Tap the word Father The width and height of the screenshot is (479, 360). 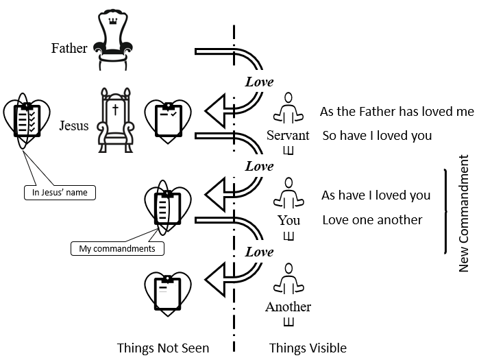[x=69, y=49]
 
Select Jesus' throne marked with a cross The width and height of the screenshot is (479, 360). [x=114, y=119]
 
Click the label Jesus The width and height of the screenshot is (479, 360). [x=74, y=126]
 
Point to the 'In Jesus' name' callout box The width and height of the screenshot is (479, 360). [x=60, y=193]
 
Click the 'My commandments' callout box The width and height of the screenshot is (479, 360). [x=117, y=248]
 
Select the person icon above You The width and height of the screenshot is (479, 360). [x=288, y=194]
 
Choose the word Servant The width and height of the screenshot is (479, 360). [x=288, y=135]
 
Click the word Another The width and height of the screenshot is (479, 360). [x=288, y=307]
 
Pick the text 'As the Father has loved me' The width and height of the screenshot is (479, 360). [x=397, y=112]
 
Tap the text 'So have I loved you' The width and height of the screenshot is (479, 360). [x=377, y=136]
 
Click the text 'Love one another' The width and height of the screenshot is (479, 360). [x=372, y=220]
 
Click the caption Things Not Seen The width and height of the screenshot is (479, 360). [x=163, y=348]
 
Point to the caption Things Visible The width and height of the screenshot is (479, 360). [x=308, y=348]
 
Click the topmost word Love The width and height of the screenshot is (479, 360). [x=259, y=82]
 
